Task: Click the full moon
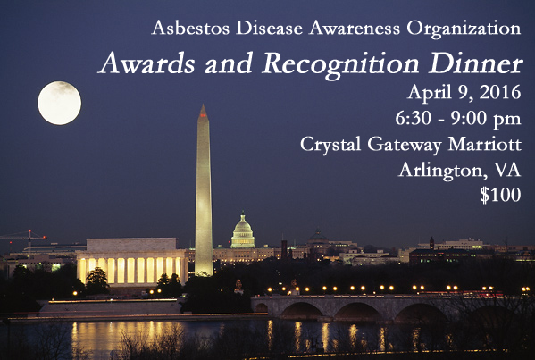(59, 103)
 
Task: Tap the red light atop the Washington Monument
(204, 115)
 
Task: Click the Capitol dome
(243, 230)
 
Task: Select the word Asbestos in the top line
(191, 28)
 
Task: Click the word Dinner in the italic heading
(476, 63)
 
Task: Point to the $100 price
(500, 195)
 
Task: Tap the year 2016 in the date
(500, 92)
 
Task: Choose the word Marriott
(485, 144)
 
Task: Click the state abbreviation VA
(507, 170)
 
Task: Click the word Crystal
(330, 145)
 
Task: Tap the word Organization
(464, 29)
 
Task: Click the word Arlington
(443, 171)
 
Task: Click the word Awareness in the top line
(355, 28)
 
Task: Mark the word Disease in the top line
(269, 28)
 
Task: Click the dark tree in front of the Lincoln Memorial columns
(96, 278)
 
